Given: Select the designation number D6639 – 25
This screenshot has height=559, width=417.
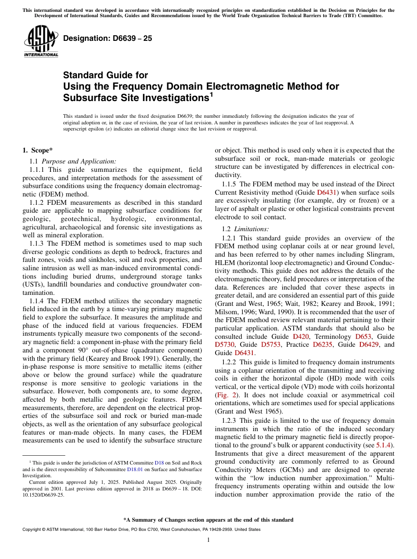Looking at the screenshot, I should pyautogui.click(x=108, y=38).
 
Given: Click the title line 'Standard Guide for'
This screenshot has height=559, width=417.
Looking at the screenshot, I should pyautogui.click(x=105, y=75).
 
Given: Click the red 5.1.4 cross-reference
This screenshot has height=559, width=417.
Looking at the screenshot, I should pyautogui.click(x=385, y=445).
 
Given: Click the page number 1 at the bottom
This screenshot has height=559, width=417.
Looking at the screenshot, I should pyautogui.click(x=208, y=540).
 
